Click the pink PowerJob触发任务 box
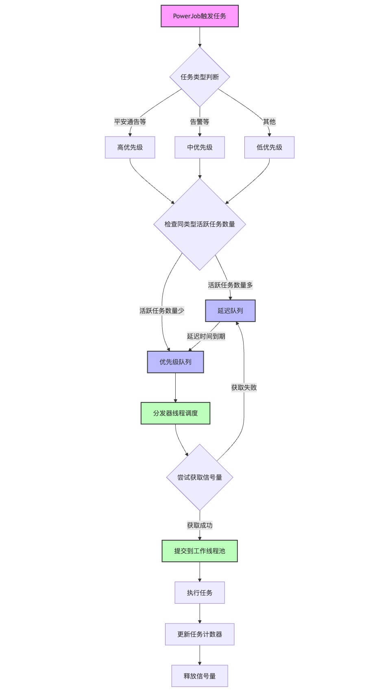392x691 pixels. (199, 16)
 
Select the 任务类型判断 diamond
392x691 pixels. (199, 77)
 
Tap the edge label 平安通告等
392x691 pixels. (130, 122)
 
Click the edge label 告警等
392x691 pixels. (199, 122)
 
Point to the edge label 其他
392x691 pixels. (269, 122)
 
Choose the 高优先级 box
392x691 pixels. (130, 147)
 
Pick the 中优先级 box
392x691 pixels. (199, 147)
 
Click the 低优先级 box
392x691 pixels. (269, 147)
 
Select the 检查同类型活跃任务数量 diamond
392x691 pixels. (199, 224)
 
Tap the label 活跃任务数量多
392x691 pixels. (230, 285)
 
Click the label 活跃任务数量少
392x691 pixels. (162, 311)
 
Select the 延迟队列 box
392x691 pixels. (230, 311)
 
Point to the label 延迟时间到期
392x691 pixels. (206, 336)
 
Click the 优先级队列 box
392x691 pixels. (175, 362)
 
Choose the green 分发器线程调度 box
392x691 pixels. (175, 413)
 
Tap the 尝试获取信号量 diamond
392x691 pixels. (199, 477)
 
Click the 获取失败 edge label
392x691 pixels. (244, 387)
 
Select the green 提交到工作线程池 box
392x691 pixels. (199, 551)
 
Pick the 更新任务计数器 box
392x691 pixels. (199, 634)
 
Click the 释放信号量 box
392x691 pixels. (199, 676)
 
